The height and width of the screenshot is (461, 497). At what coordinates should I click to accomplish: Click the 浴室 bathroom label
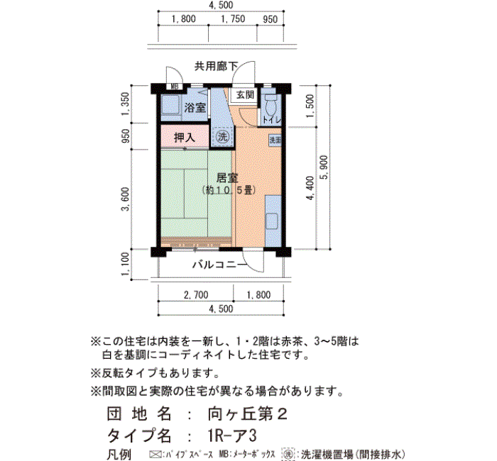click(x=195, y=108)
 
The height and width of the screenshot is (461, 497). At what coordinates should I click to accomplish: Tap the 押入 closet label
click(x=184, y=138)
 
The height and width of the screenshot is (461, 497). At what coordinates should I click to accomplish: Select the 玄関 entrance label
click(x=245, y=94)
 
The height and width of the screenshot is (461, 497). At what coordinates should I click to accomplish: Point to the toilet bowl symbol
click(x=271, y=106)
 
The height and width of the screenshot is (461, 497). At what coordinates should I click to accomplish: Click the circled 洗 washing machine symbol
click(x=222, y=137)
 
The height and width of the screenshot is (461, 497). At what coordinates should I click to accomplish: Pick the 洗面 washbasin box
click(x=275, y=140)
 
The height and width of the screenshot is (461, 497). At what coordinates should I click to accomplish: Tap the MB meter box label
click(x=175, y=87)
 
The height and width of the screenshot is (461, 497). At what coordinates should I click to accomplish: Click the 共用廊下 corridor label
click(x=216, y=66)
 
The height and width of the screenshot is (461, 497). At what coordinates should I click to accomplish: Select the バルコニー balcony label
click(x=219, y=265)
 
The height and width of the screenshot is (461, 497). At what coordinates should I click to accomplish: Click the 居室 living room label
click(x=227, y=177)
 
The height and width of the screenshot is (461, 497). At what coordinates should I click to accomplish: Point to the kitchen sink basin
click(x=272, y=221)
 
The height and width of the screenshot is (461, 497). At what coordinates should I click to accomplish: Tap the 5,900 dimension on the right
click(x=324, y=167)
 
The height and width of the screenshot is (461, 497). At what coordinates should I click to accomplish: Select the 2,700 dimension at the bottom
click(x=196, y=295)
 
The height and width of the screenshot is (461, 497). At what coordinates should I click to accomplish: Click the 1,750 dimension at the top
click(x=233, y=19)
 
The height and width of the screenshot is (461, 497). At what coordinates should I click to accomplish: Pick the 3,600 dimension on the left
click(x=126, y=199)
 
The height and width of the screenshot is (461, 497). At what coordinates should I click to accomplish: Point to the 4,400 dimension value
click(x=310, y=188)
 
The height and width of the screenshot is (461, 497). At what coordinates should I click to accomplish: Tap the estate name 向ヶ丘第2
click(x=248, y=413)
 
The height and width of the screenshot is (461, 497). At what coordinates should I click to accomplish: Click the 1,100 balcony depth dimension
click(x=126, y=263)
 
